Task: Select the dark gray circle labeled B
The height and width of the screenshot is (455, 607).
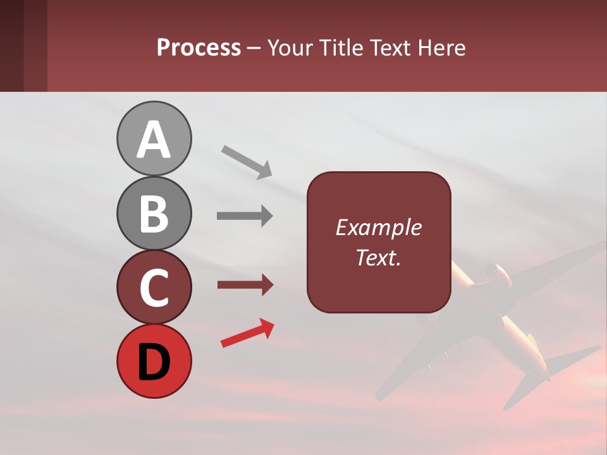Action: tap(154, 213)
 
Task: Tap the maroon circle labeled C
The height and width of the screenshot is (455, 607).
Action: tap(154, 287)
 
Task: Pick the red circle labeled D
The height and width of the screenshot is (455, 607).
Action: tap(154, 361)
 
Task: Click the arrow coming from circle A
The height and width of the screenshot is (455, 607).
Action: tap(247, 161)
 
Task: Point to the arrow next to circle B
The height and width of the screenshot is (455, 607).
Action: tap(245, 216)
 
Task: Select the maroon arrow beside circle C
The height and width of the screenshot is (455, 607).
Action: tap(245, 286)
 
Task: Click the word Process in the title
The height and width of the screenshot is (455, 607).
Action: tap(199, 48)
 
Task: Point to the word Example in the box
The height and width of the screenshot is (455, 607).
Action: tap(378, 227)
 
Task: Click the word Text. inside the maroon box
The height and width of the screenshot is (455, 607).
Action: tap(378, 257)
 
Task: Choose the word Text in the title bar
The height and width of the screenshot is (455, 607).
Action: tap(390, 48)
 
